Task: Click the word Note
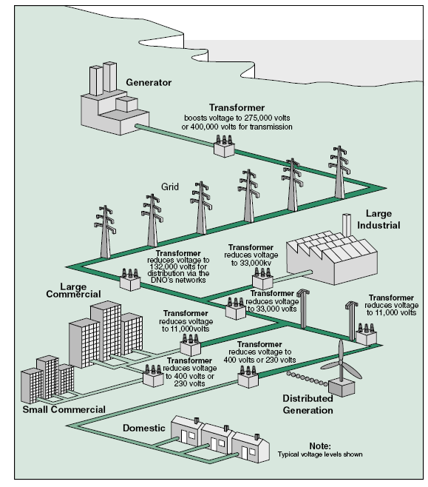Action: click(x=319, y=446)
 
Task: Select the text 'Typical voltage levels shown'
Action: click(x=319, y=454)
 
